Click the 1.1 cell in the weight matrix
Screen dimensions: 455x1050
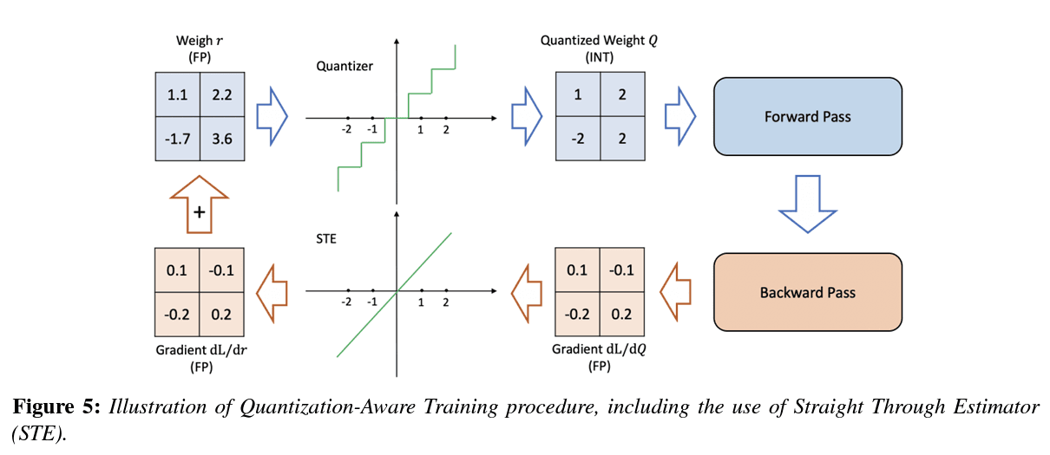(x=178, y=94)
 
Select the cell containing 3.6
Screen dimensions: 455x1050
(x=222, y=138)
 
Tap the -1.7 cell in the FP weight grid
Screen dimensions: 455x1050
(x=178, y=138)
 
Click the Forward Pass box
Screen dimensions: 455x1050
(x=807, y=116)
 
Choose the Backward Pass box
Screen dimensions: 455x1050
(x=807, y=292)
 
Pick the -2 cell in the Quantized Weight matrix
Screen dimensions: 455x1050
(x=578, y=138)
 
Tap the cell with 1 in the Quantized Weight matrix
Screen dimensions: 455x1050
(x=578, y=94)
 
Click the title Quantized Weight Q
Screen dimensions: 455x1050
(x=600, y=41)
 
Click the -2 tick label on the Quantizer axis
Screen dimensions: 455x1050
(x=346, y=129)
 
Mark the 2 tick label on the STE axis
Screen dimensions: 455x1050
(x=446, y=302)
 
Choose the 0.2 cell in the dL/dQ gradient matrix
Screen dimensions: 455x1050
(x=621, y=314)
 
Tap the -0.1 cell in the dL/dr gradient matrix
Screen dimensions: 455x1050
(x=222, y=270)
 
